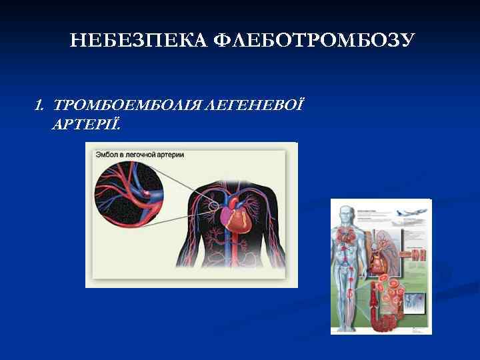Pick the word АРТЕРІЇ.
(86, 125)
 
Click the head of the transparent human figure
(347, 214)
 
